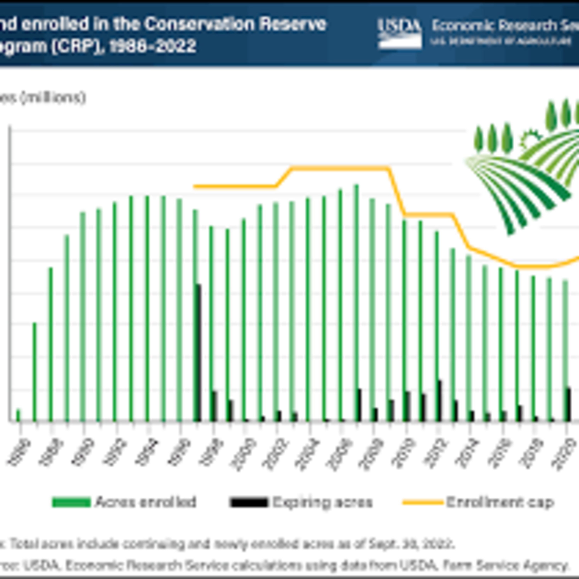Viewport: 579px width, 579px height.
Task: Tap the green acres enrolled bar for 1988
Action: [51, 345]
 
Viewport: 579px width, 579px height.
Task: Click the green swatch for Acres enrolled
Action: [71, 502]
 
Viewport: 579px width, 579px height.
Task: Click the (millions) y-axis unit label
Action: [53, 98]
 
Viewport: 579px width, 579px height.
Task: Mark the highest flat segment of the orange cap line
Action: [340, 168]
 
